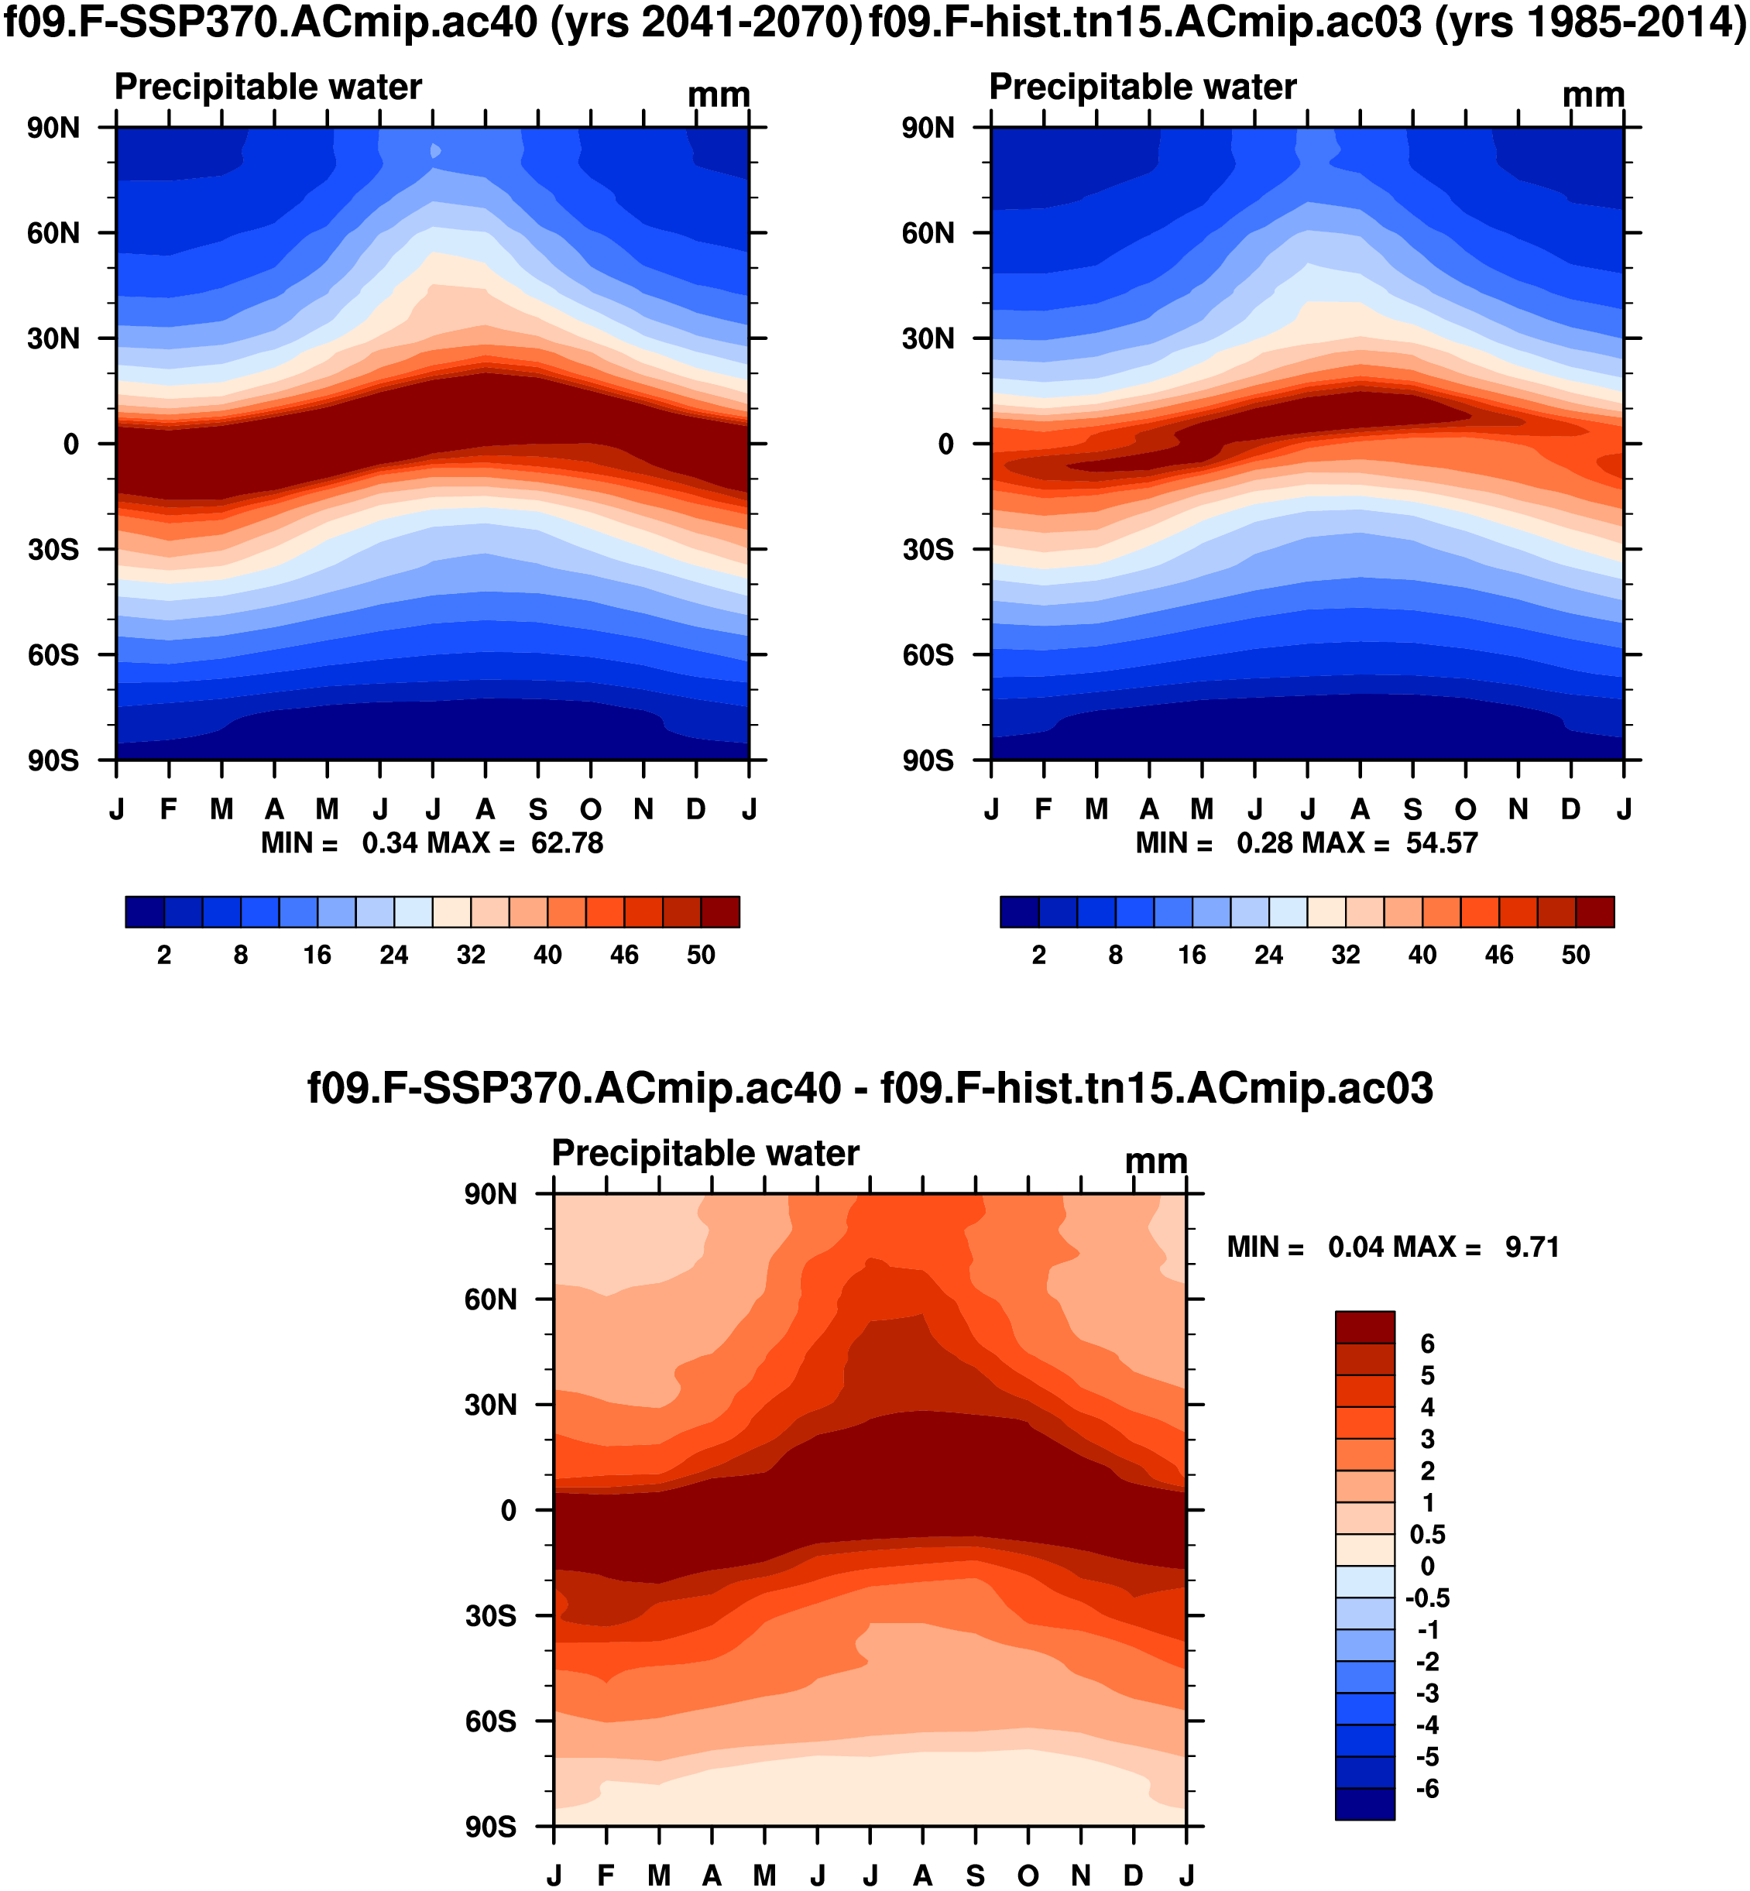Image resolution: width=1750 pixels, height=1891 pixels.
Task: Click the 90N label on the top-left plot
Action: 53,128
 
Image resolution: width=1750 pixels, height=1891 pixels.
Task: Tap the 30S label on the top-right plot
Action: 928,550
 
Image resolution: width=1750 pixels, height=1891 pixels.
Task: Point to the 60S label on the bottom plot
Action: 490,1721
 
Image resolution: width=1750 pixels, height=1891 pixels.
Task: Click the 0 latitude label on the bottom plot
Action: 509,1510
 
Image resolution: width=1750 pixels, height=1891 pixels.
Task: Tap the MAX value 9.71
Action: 1532,1247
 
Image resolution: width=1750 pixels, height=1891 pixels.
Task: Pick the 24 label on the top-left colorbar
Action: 394,955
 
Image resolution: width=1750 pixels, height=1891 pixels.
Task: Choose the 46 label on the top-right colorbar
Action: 1498,955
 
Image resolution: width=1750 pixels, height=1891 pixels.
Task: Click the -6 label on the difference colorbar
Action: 1427,1789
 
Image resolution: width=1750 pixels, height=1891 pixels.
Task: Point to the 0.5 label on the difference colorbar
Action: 1427,1535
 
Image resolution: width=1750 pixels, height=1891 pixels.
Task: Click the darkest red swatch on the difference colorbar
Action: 1364,1326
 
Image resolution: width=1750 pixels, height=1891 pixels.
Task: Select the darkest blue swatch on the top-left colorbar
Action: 144,912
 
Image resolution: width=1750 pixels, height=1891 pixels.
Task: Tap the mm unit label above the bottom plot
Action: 1155,1162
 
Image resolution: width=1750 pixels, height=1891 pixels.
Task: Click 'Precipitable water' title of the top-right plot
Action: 1142,88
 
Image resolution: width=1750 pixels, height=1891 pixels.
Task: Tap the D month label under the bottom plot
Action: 1134,1876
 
